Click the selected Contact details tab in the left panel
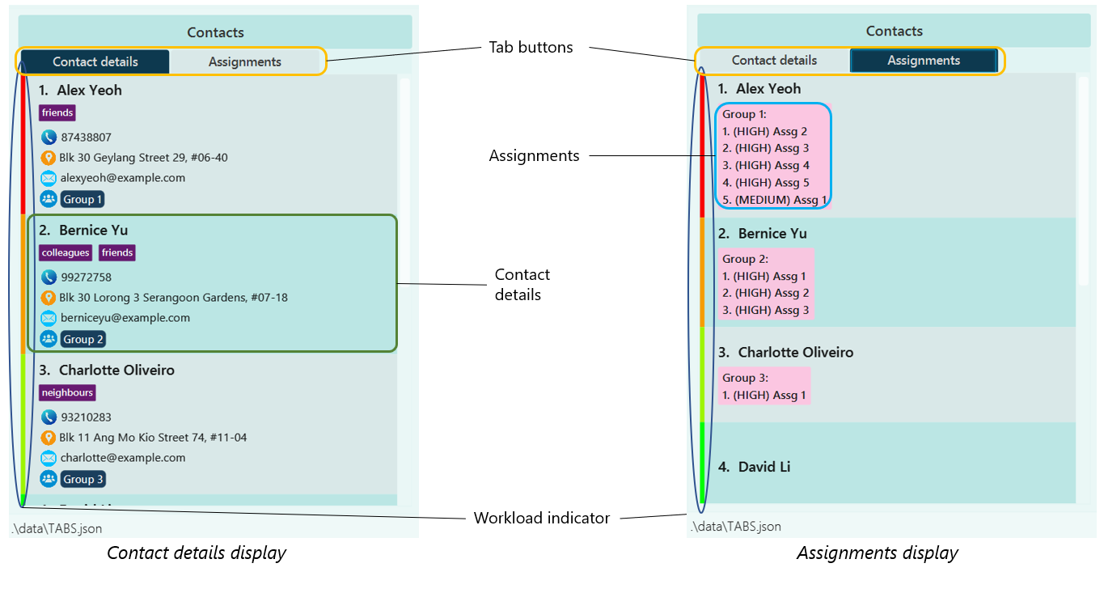(95, 61)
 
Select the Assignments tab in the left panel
(244, 61)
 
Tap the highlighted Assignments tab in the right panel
(923, 61)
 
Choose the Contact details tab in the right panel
(774, 61)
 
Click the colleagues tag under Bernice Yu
(66, 253)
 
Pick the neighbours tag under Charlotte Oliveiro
(67, 393)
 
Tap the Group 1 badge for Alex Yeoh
(82, 200)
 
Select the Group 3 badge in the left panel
(82, 480)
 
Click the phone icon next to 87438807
(49, 138)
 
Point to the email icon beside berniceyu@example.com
(49, 318)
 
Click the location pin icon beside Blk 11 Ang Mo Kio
(49, 438)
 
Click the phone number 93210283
(86, 417)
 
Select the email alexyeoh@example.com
(123, 178)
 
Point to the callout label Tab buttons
(531, 48)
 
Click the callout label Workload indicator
(541, 519)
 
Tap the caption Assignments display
(877, 553)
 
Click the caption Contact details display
(197, 553)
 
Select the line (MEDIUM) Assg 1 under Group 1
(774, 200)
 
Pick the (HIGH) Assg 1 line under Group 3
(764, 396)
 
